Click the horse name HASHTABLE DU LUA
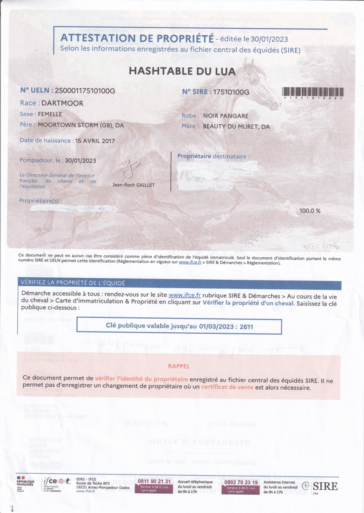pos(182,72)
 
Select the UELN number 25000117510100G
pos(85,91)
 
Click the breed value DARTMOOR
pos(63,103)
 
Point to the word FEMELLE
pos(50,114)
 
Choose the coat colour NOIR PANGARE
pos(226,116)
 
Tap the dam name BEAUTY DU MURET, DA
pos(236,127)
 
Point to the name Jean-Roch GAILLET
pos(134,185)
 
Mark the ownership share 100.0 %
pos(310,211)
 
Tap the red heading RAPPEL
pos(179,366)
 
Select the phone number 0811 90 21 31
pos(155,481)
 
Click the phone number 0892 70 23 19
pos(241,482)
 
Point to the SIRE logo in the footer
pos(320,487)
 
